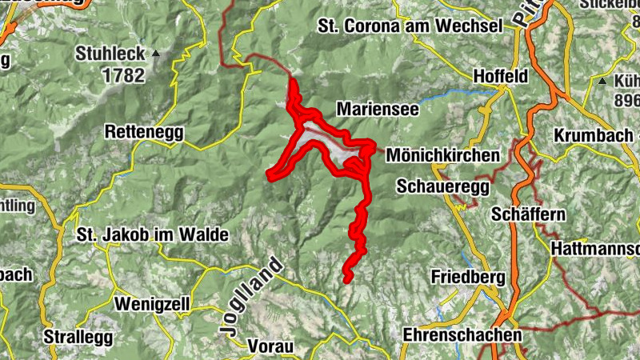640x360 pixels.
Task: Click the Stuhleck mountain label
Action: tap(110, 54)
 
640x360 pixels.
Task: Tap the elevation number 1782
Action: tap(122, 76)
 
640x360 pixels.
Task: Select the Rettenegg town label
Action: tap(144, 131)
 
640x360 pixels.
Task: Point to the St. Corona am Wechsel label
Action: tap(410, 26)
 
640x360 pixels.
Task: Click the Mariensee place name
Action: tap(378, 109)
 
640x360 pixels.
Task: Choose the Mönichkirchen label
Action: tap(442, 155)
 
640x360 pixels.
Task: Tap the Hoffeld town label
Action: tap(501, 77)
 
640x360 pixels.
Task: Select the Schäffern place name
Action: tap(529, 214)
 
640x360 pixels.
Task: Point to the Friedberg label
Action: tap(468, 277)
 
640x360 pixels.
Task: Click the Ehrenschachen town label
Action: tap(462, 334)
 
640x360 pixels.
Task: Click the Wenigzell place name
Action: tap(151, 304)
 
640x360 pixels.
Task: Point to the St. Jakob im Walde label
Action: tap(152, 235)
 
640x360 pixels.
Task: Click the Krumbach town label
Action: tap(593, 134)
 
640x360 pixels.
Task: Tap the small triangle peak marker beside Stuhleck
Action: tap(156, 54)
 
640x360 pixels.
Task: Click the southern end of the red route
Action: tap(348, 278)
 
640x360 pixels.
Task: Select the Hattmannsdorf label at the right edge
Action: tap(596, 250)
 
